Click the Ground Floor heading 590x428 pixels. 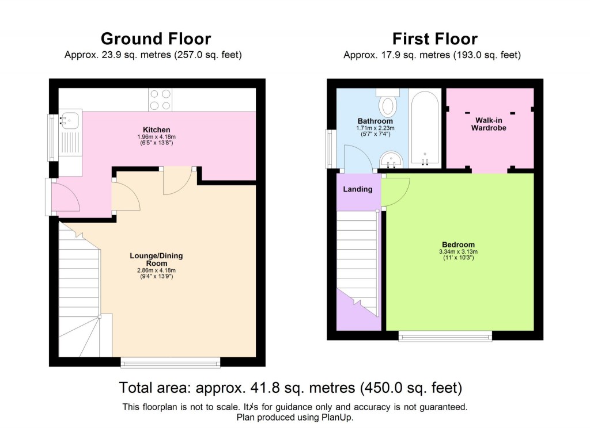click(156, 39)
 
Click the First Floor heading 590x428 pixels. click(435, 39)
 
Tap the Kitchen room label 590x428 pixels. click(156, 129)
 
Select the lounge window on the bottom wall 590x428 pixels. click(171, 362)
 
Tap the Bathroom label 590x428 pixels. click(375, 121)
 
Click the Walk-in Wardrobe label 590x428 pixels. click(490, 124)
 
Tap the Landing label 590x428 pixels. click(358, 189)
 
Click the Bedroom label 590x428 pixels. click(459, 244)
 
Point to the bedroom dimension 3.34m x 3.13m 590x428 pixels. click(459, 251)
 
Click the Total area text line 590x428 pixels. click(290, 387)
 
